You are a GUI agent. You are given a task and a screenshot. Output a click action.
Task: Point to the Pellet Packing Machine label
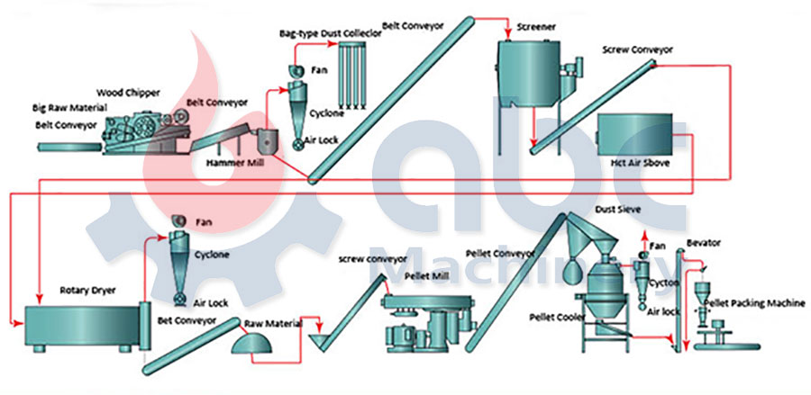click(754, 303)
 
